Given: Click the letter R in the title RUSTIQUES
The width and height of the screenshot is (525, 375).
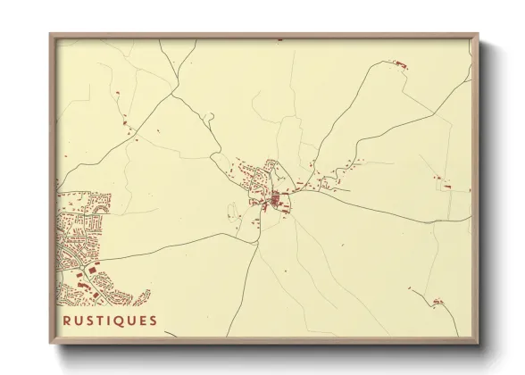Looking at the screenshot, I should [x=67, y=321].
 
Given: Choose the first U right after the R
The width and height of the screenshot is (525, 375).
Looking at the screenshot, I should [x=79, y=321].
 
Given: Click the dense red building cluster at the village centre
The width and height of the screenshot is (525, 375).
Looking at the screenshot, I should [x=276, y=198].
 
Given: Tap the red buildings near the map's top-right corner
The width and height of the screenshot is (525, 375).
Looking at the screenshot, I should [x=399, y=63].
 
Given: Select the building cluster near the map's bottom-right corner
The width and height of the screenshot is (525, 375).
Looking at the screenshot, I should [x=437, y=302].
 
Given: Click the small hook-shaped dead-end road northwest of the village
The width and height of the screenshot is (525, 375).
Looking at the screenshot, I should [x=210, y=116].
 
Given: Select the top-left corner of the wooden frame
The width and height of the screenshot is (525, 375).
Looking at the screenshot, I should [x=50, y=35].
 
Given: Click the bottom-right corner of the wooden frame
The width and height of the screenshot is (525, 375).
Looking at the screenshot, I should [x=478, y=343].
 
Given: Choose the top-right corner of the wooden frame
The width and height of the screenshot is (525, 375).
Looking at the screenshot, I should [x=478, y=35].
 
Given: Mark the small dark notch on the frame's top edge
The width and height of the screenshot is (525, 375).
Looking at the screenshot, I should [x=279, y=40].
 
